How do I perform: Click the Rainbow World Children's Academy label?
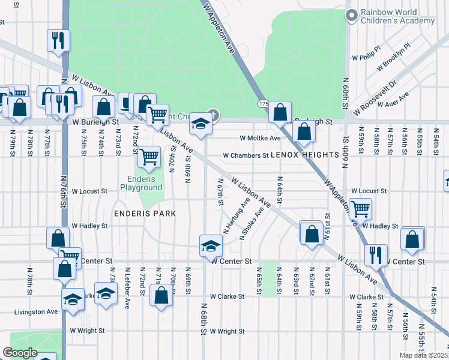397,16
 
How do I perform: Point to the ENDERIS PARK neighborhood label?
146,213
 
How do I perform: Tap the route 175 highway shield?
264,104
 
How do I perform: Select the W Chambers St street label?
245,155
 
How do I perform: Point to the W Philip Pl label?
366,53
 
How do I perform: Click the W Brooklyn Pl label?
393,57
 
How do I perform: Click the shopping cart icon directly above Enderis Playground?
148,158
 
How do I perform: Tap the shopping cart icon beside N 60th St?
360,209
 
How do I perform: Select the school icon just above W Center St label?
211,245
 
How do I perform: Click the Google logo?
20,353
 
